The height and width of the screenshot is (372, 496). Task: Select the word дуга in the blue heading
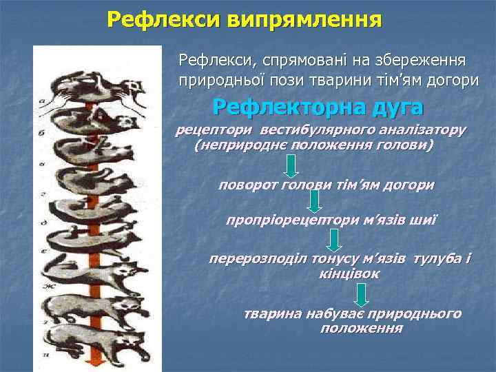[397, 108]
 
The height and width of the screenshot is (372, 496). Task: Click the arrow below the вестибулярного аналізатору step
[291, 165]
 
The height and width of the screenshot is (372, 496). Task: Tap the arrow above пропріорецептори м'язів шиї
[315, 201]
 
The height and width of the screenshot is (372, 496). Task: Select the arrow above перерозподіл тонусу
[334, 240]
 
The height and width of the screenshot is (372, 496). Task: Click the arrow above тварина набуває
[360, 296]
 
